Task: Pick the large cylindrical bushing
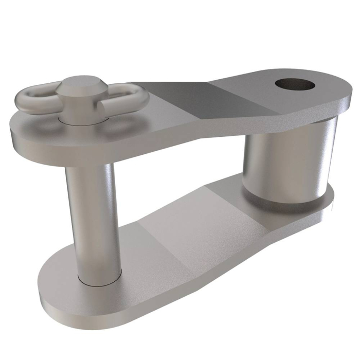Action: (x=288, y=159)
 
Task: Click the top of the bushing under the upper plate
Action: (x=288, y=123)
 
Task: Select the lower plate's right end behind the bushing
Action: (x=329, y=198)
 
